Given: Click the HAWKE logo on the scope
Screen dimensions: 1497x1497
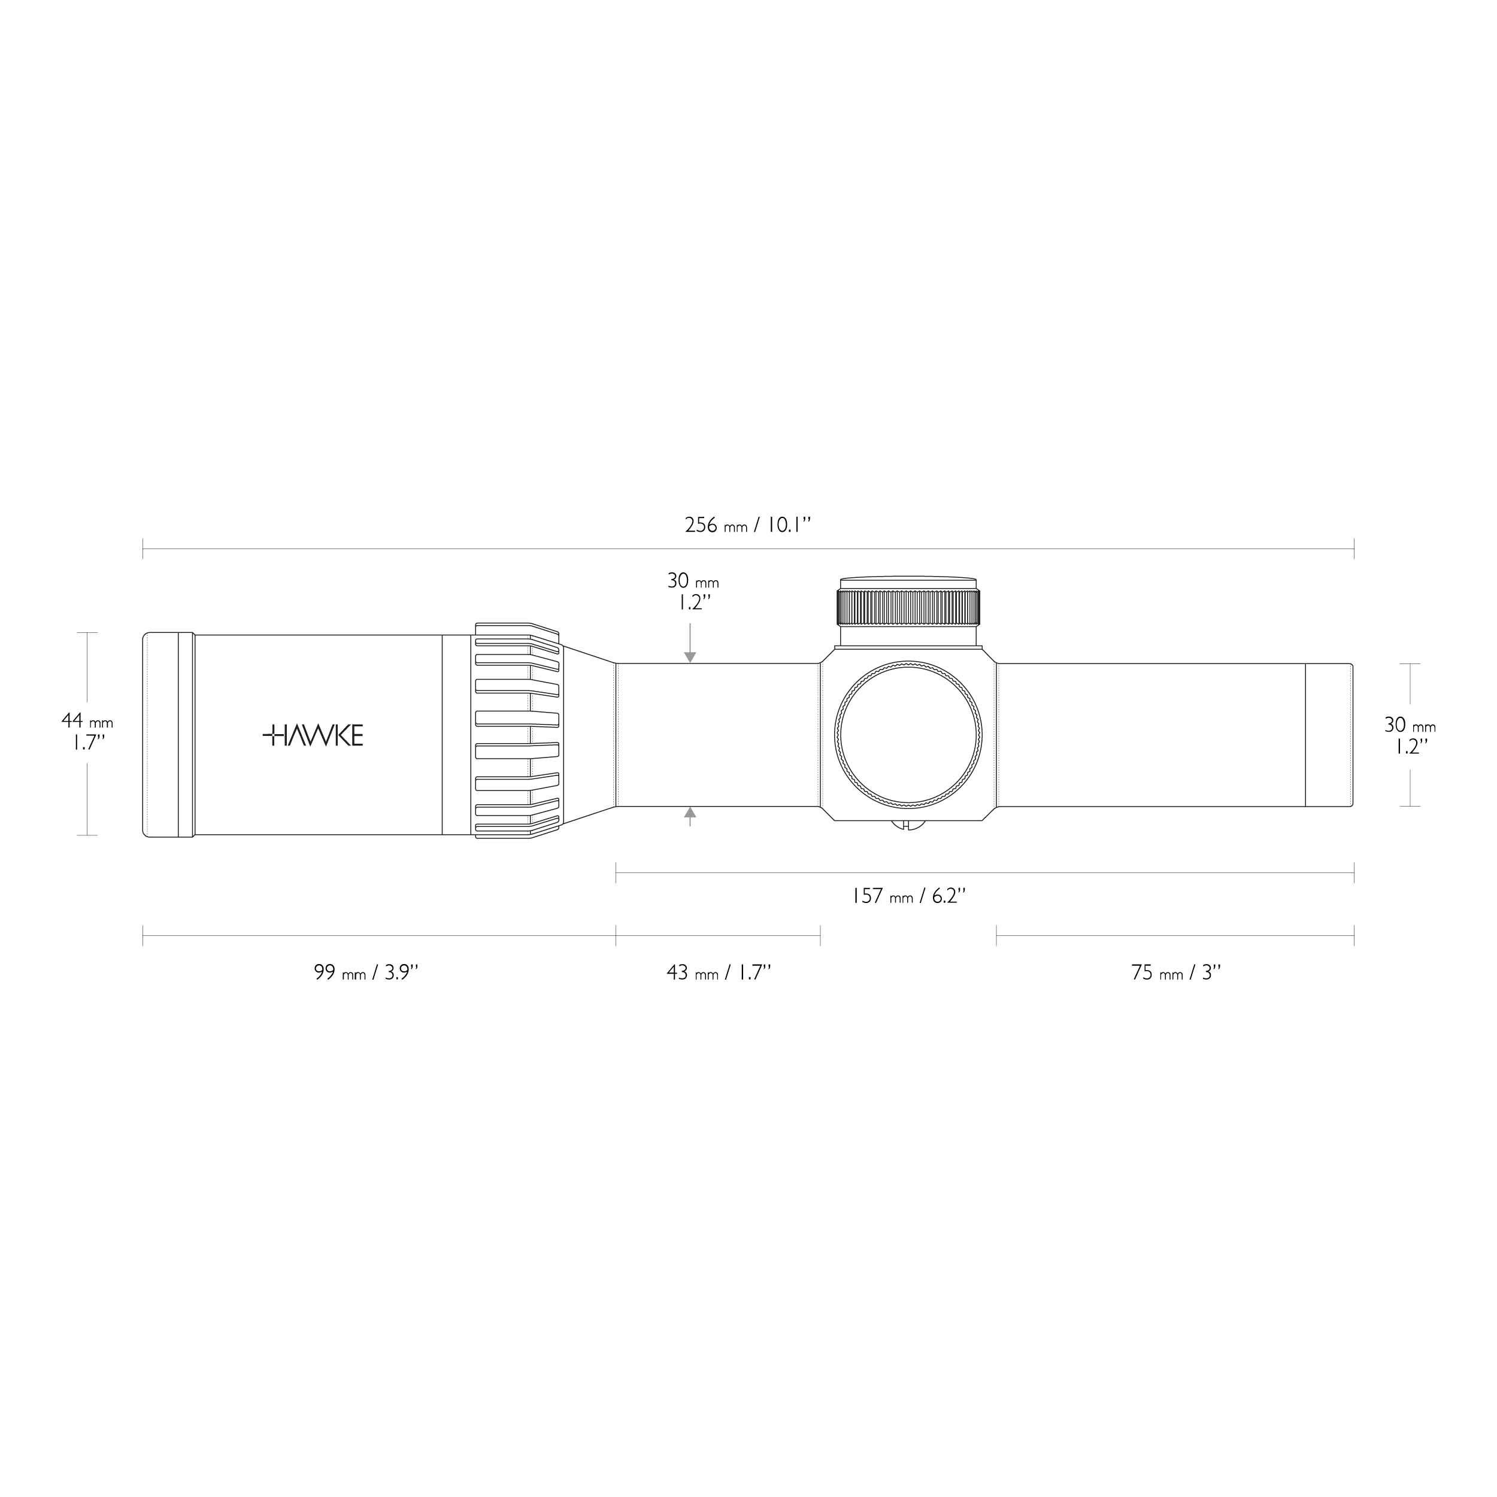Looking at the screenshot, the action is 313,735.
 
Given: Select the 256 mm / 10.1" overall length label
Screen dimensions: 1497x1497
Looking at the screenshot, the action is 748,525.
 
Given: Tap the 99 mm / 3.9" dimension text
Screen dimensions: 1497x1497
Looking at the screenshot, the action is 366,972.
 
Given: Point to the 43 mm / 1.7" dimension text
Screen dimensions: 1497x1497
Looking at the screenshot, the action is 719,972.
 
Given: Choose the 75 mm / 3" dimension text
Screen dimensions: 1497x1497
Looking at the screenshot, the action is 1175,972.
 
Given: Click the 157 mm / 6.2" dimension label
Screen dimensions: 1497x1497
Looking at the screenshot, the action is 908,896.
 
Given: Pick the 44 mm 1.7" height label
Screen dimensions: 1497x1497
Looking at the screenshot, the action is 87,732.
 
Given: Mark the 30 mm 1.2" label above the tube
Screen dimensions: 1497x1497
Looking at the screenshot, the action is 693,591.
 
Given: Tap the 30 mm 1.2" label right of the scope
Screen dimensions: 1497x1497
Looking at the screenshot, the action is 1410,735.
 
